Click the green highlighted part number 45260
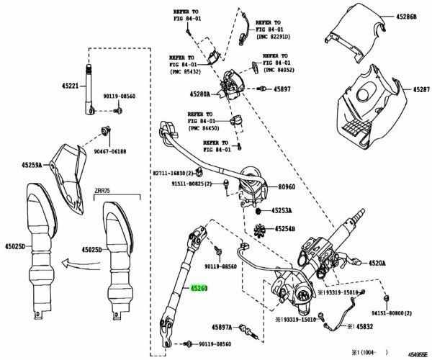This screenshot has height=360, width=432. coord(200,289)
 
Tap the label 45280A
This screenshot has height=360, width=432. coord(200,94)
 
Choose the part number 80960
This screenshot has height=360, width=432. coord(289,186)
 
